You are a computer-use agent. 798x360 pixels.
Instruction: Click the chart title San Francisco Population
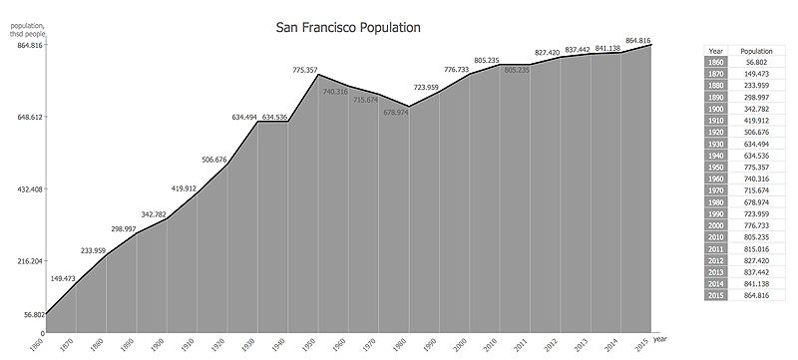pos(348,28)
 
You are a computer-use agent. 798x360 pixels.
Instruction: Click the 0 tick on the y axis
pos(42,333)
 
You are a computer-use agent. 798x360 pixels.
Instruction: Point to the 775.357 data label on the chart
pos(306,70)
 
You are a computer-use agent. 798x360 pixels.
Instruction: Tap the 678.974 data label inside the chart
pos(396,112)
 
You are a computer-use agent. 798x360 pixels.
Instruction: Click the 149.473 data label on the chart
pos(64,278)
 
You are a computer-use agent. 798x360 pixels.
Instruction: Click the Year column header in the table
pos(715,49)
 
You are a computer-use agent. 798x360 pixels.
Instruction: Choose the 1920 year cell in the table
pos(715,130)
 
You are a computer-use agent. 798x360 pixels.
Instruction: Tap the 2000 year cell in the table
pos(715,226)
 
